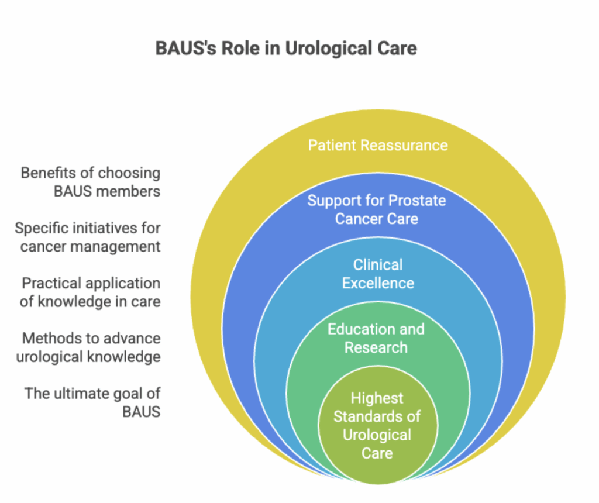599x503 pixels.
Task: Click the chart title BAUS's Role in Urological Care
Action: coord(286,48)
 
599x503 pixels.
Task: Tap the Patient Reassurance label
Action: coord(378,145)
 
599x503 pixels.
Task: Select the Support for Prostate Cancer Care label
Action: coord(377,210)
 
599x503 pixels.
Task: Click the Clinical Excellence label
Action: coord(378,274)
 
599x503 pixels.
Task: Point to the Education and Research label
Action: coord(376,338)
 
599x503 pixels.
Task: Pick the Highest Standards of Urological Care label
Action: coord(377,425)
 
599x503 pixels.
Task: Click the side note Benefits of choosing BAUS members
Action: coord(91,182)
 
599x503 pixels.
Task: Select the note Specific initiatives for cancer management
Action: coord(88,237)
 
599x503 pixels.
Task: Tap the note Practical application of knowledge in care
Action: coord(91,292)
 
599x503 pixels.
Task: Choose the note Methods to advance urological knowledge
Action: coord(88,347)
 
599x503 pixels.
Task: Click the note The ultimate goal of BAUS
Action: coord(92,402)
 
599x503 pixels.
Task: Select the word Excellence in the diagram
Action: coord(378,283)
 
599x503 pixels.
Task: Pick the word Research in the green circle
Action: coord(376,347)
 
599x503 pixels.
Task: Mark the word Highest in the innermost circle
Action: coord(377,398)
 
